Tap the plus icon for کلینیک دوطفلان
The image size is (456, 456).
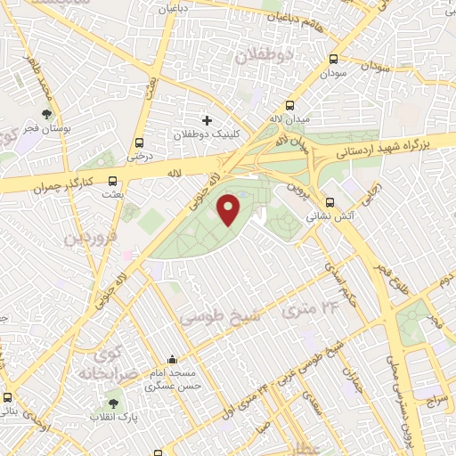208,119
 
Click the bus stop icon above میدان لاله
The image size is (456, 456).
290,105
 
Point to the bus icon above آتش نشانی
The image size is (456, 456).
330,201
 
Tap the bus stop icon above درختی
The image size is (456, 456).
139,142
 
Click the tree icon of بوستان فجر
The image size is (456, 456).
46,114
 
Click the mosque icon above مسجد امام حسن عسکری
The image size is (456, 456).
171,360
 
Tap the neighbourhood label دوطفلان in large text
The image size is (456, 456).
264,56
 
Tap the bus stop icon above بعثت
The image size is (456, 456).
110,179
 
